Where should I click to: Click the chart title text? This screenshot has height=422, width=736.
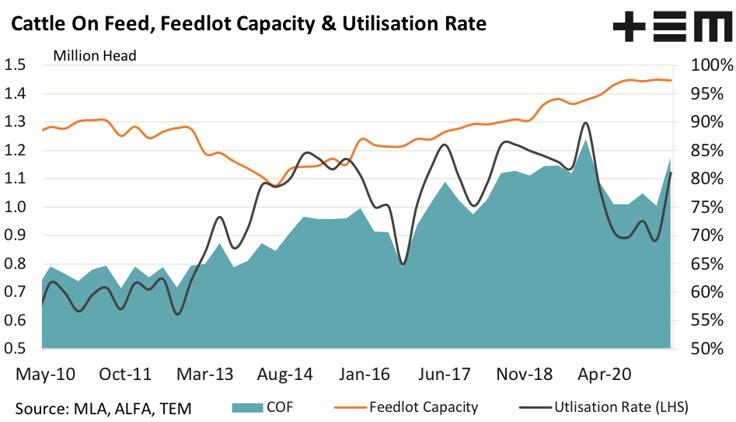coord(248,24)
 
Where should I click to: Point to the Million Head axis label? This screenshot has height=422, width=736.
coord(95,55)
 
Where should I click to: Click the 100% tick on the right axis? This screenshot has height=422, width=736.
coord(703,65)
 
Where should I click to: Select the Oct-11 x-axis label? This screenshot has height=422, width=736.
coord(125,374)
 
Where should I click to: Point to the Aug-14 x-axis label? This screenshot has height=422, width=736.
coord(284,374)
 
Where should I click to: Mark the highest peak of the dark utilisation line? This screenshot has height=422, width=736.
coord(584,123)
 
